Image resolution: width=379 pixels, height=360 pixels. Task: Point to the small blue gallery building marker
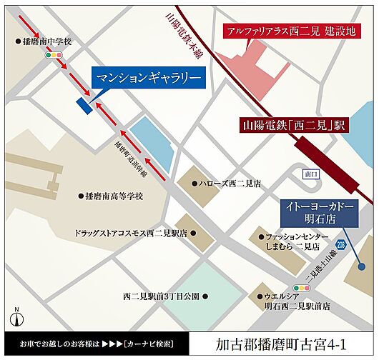coord(84,105)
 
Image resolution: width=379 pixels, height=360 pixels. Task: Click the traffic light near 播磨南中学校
coord(51,55)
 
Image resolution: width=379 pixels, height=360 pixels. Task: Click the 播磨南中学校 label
coord(46,41)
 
